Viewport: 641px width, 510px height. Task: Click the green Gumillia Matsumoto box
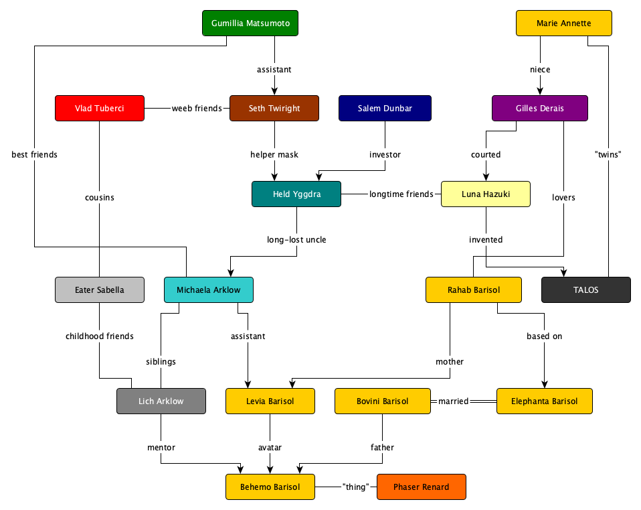[x=250, y=23]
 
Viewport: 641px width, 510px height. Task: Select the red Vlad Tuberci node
[x=100, y=109]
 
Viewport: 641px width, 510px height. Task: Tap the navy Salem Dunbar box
[x=385, y=109]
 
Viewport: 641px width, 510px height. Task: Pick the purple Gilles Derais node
[x=540, y=109]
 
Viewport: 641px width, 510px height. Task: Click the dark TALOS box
[x=586, y=290]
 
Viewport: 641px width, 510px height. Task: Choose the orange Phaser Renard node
[x=422, y=487]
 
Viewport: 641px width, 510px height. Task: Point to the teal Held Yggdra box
[x=296, y=194]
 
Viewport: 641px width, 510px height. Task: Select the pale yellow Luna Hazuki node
[x=486, y=194]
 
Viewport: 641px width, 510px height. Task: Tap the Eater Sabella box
[x=100, y=290]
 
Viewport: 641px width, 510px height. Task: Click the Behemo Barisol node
[x=270, y=487]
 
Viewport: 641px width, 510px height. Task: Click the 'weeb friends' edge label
[x=197, y=109]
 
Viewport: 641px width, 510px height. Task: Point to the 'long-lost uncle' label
[x=297, y=239]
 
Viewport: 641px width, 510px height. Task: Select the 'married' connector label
[x=454, y=401]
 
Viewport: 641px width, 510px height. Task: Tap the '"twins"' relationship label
[x=608, y=155]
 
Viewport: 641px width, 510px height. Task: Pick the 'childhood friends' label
[x=100, y=336]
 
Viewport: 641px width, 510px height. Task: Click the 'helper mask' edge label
[x=274, y=155]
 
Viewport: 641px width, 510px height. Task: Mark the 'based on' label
[x=545, y=336]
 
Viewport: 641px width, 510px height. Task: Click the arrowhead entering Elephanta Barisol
[x=545, y=384]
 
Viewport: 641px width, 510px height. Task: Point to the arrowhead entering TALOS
[x=564, y=273]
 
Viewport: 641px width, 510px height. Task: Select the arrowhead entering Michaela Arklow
[x=231, y=273]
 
